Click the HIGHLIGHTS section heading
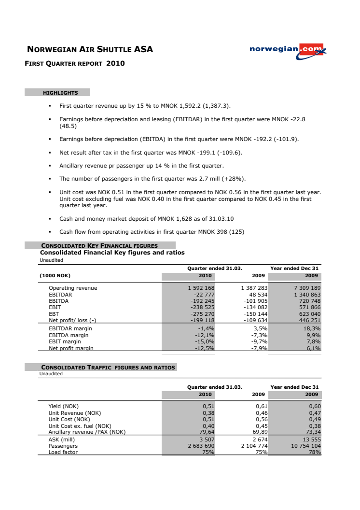tap(60, 93)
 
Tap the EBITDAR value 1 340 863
tap(304, 294)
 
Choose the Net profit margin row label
tap(71, 348)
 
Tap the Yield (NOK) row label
tap(63, 406)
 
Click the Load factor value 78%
tap(315, 453)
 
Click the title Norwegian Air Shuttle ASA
tap(90, 49)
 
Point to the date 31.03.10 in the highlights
tap(222, 219)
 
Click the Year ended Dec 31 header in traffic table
tap(294, 387)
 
